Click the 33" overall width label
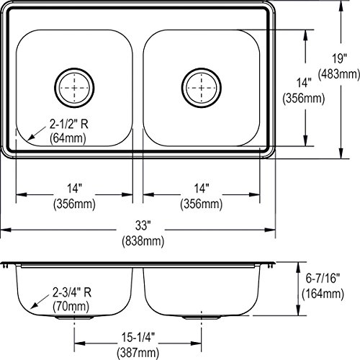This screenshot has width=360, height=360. click(x=143, y=225)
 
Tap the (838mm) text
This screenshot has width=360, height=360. click(x=143, y=240)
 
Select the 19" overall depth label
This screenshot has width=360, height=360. click(x=339, y=59)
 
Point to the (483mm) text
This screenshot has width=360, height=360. click(x=339, y=74)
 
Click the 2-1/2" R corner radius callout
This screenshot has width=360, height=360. click(x=69, y=125)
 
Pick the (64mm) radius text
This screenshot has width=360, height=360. click(x=68, y=138)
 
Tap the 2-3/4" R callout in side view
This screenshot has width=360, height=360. click(x=72, y=292)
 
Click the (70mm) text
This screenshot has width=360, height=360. click(x=71, y=307)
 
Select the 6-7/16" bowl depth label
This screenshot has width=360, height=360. click(x=323, y=279)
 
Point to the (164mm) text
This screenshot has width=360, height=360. click(x=323, y=294)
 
